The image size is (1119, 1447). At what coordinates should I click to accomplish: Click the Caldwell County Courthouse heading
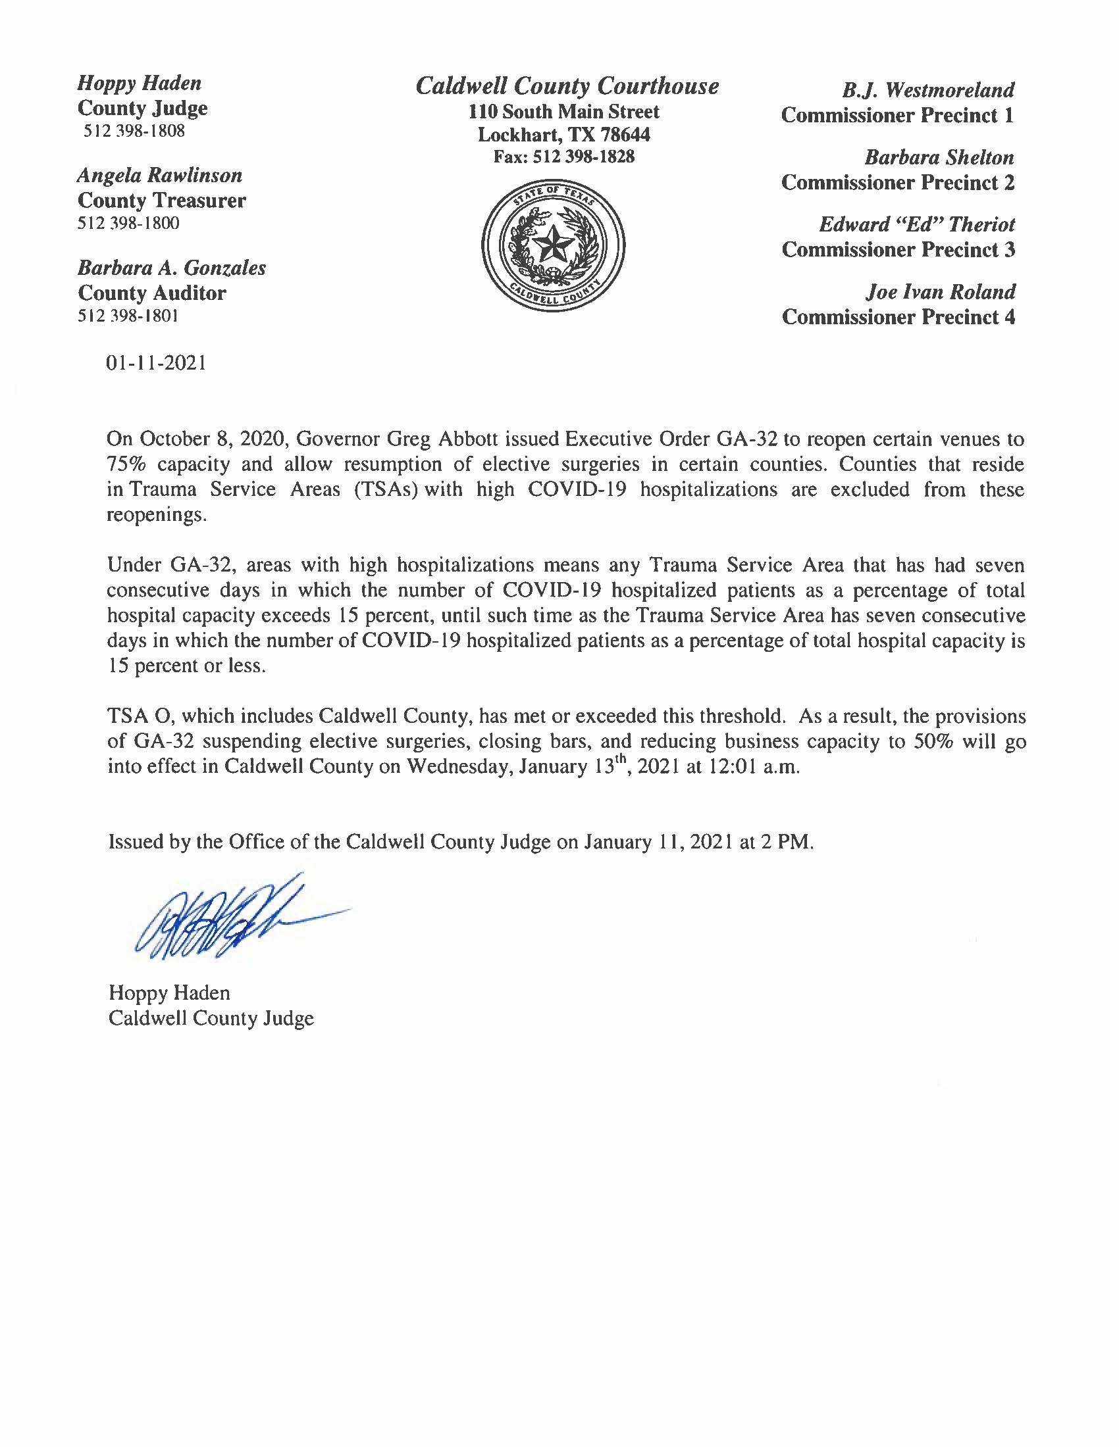pyautogui.click(x=567, y=86)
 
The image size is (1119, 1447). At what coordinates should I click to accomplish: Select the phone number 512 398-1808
pyautogui.click(x=134, y=131)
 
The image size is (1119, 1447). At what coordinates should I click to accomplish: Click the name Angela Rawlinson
pyautogui.click(x=160, y=175)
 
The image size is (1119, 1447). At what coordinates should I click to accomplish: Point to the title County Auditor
pyautogui.click(x=152, y=293)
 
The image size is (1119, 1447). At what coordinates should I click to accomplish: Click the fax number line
pyautogui.click(x=564, y=157)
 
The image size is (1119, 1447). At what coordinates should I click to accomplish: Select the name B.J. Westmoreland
pyautogui.click(x=928, y=90)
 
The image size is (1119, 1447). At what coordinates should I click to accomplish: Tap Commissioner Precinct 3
pyautogui.click(x=898, y=250)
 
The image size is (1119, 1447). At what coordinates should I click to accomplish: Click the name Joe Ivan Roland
pyautogui.click(x=940, y=291)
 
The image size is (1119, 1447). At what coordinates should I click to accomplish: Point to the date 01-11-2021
pyautogui.click(x=157, y=363)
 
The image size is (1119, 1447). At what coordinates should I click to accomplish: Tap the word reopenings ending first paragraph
pyautogui.click(x=157, y=515)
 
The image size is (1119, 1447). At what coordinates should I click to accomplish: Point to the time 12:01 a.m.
pyautogui.click(x=763, y=766)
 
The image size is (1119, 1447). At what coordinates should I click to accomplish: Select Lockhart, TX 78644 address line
pyautogui.click(x=564, y=134)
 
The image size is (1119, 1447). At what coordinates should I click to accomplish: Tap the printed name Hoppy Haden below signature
pyautogui.click(x=170, y=993)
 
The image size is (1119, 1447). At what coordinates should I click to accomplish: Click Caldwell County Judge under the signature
pyautogui.click(x=211, y=1018)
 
